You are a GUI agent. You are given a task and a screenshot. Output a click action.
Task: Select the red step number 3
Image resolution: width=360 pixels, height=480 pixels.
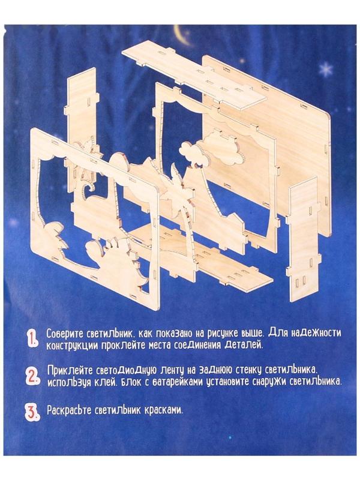(x=32, y=412)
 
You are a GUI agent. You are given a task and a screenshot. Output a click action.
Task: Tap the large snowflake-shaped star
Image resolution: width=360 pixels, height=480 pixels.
(x=325, y=70)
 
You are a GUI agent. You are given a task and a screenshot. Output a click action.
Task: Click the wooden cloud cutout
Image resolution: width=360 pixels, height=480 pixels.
(x=211, y=150)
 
